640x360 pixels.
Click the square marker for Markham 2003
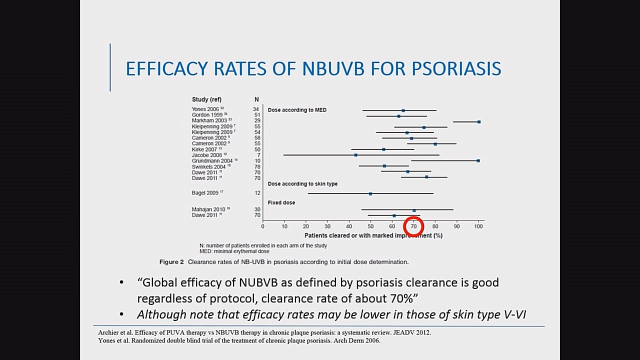[478, 121]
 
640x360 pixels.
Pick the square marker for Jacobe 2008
[355, 155]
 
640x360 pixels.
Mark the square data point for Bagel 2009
[370, 193]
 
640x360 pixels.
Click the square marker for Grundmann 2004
[478, 160]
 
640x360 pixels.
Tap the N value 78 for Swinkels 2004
[256, 166]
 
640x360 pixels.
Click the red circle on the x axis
[413, 226]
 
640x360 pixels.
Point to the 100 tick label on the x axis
[478, 226]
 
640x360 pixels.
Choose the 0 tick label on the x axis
[263, 226]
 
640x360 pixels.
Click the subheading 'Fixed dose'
[281, 202]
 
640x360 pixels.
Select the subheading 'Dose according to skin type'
[302, 183]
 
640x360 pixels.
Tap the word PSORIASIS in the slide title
[456, 68]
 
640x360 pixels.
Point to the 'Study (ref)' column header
[206, 99]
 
